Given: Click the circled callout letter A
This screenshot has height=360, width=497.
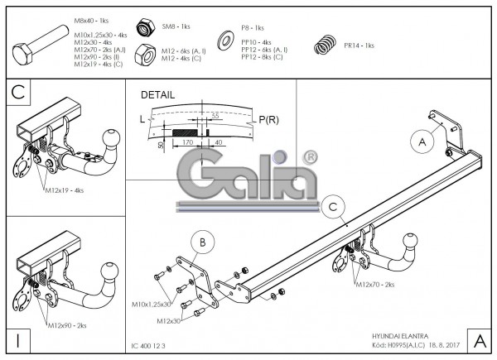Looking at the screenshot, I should pyautogui.click(x=422, y=142).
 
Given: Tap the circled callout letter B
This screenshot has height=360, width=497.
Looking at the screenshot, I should pyautogui.click(x=201, y=242).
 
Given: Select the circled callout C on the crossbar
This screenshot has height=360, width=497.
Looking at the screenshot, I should pyautogui.click(x=332, y=206).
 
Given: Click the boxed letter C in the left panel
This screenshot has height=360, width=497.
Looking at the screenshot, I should pyautogui.click(x=18, y=94).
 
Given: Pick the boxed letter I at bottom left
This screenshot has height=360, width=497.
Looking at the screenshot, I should pyautogui.click(x=17, y=338).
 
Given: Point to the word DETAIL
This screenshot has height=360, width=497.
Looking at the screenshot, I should pyautogui.click(x=158, y=95).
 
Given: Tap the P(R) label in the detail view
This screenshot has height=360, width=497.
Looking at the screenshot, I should pyautogui.click(x=268, y=120).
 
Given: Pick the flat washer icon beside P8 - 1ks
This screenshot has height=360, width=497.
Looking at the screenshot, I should pyautogui.click(x=224, y=39).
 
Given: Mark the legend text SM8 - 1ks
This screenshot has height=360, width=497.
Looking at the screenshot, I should pyautogui.click(x=174, y=26).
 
